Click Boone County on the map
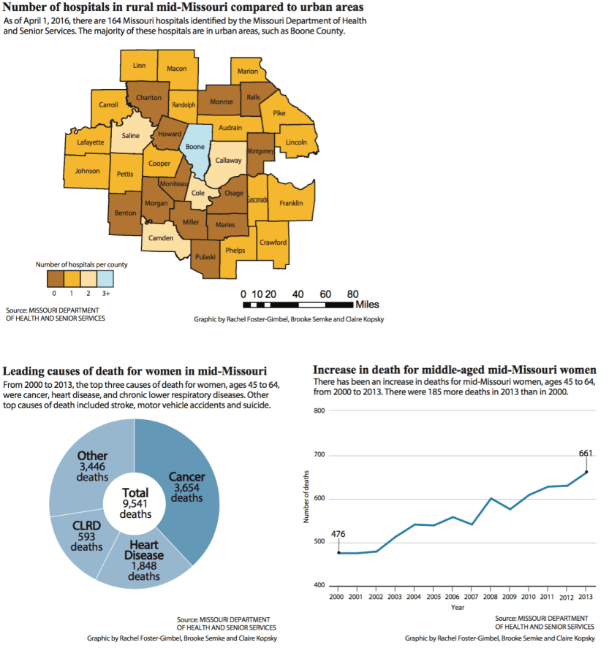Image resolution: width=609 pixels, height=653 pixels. [x=195, y=148]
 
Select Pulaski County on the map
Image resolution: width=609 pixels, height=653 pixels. [x=205, y=256]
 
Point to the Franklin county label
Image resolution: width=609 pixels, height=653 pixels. [x=291, y=203]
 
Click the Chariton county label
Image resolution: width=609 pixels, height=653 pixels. [x=148, y=99]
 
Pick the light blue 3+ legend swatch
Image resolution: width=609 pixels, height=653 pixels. [x=106, y=278]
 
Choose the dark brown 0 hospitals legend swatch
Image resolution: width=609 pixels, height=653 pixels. [x=56, y=278]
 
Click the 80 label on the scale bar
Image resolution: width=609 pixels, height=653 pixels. [x=352, y=292]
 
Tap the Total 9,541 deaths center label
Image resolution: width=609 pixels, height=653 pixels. [x=135, y=503]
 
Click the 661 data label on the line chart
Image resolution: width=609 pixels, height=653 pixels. [x=585, y=453]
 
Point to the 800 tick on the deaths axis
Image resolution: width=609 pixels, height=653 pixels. [x=319, y=410]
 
